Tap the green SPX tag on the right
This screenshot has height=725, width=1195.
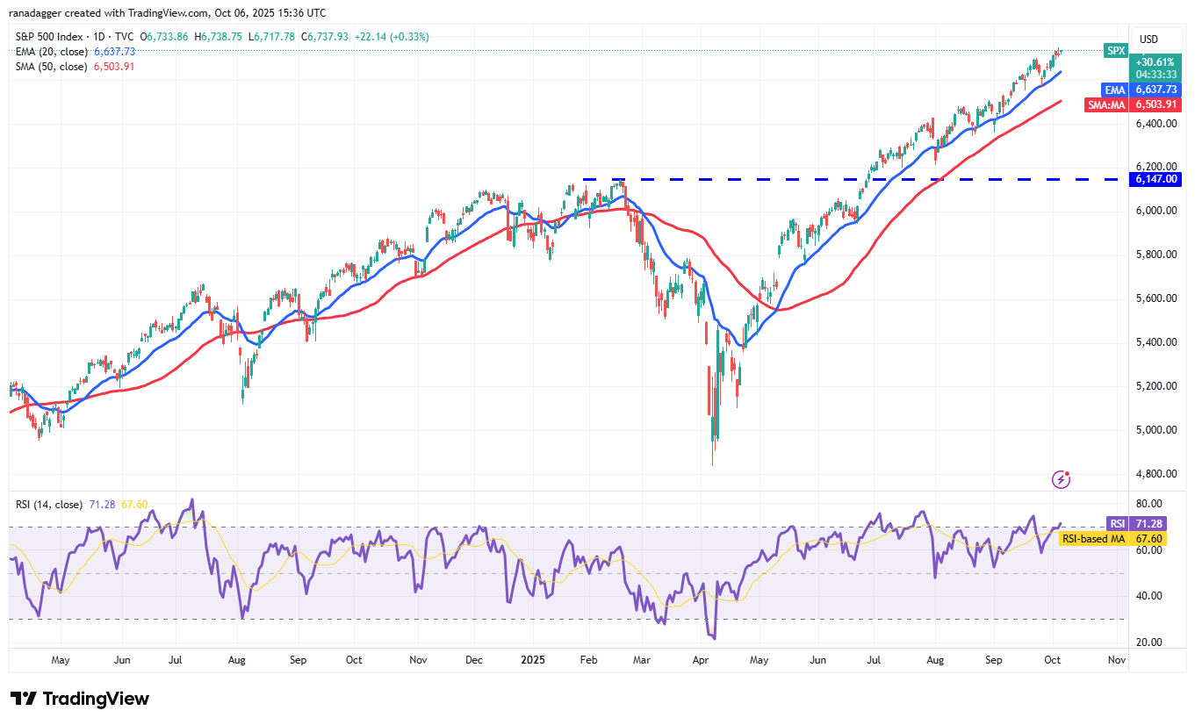(1115, 51)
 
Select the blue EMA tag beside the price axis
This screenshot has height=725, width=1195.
(1115, 90)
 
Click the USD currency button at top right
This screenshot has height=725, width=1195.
(1148, 39)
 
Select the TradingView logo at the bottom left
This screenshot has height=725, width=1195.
(80, 699)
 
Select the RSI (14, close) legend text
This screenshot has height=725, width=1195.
(49, 505)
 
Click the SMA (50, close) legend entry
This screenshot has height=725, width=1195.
(51, 67)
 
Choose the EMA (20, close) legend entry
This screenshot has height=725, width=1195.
(51, 52)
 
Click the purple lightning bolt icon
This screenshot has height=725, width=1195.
(1062, 479)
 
